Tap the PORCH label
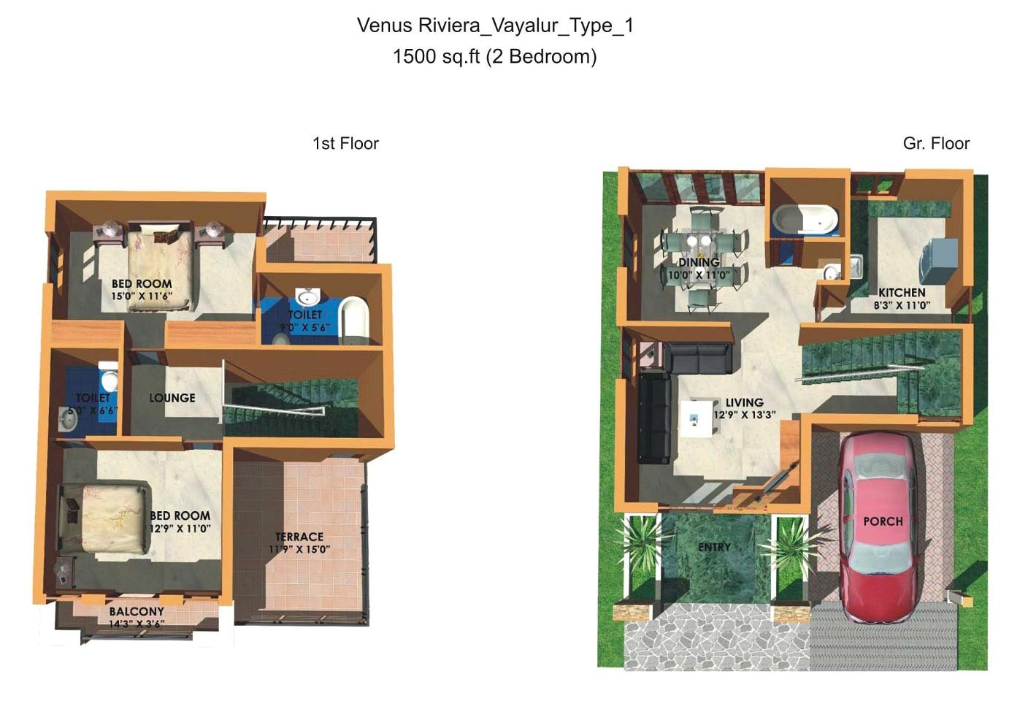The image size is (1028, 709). point(883,521)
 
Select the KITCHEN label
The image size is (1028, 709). point(902,292)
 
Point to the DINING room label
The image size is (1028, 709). point(699,262)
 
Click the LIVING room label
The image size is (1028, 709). point(744,402)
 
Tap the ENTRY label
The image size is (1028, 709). point(714,547)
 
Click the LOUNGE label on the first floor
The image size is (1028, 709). point(172,398)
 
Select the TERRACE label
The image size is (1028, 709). point(299,537)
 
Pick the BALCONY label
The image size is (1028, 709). point(137,611)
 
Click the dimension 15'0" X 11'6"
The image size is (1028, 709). point(142,296)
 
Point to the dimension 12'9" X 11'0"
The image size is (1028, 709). point(180,529)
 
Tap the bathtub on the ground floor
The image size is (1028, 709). point(805,219)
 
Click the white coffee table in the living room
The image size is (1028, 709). point(698,418)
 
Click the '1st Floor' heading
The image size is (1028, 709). point(345,143)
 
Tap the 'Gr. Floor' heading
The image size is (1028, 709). point(936,143)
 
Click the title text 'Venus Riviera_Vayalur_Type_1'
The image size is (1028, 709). point(495,26)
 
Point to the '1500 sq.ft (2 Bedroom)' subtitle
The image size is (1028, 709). point(494,56)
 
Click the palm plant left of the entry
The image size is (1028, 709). point(642,544)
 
